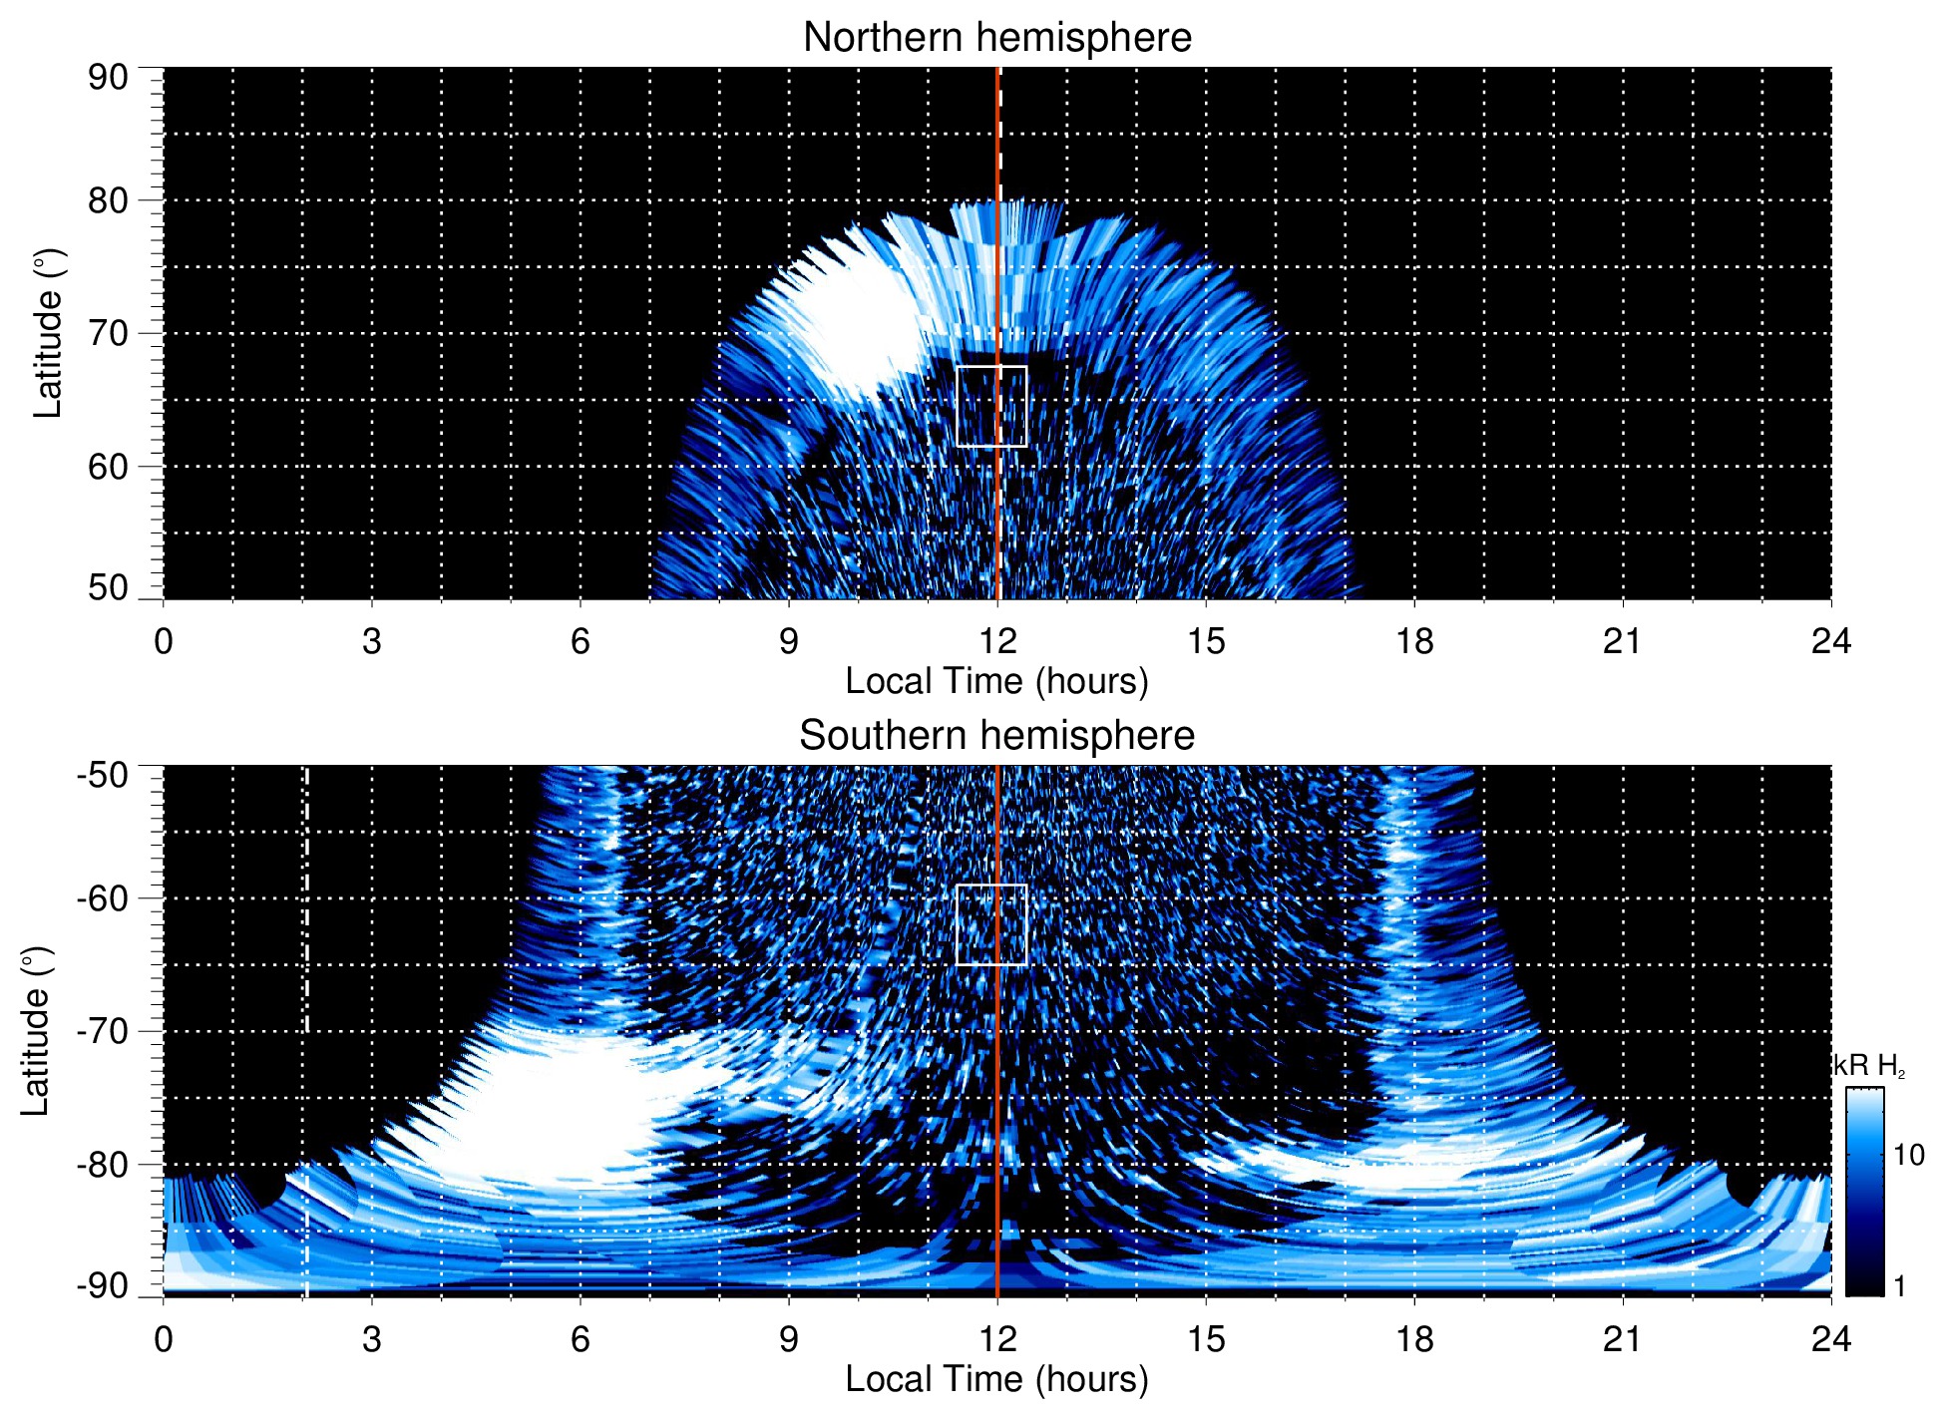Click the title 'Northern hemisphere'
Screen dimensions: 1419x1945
[996, 38]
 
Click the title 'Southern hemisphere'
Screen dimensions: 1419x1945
[996, 736]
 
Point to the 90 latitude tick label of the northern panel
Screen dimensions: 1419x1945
[108, 77]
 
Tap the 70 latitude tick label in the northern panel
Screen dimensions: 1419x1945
[108, 333]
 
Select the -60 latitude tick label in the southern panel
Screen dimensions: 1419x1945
[103, 897]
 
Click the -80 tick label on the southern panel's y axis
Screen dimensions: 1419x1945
[103, 1164]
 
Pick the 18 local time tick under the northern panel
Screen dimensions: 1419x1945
[1413, 641]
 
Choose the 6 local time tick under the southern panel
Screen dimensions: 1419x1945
[580, 1338]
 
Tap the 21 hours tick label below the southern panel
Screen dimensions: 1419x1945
[1622, 1338]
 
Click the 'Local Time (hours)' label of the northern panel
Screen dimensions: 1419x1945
[996, 681]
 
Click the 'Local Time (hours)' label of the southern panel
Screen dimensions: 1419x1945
[996, 1379]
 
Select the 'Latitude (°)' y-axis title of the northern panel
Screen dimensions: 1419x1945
[48, 333]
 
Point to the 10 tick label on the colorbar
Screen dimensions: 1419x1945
[1908, 1155]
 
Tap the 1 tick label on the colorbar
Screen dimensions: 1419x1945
[1899, 1286]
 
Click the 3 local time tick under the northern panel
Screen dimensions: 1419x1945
[371, 641]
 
